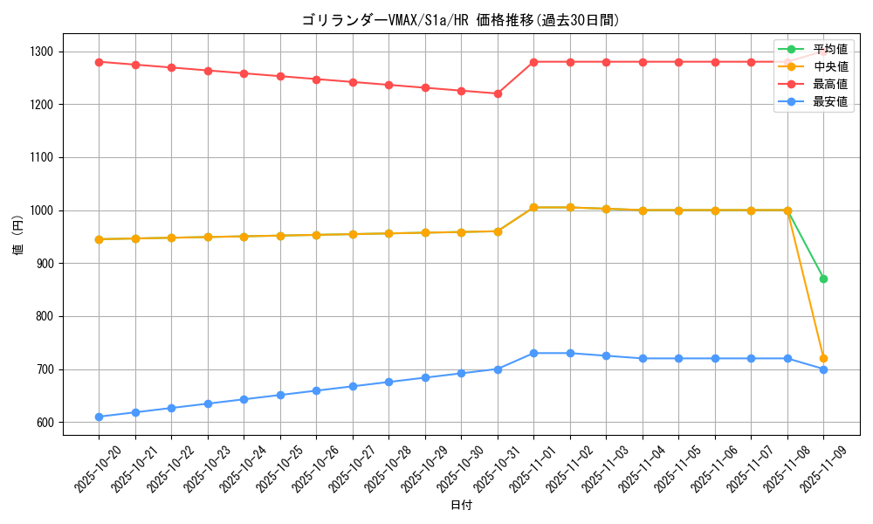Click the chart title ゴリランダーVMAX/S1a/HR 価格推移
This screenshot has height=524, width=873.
click(461, 20)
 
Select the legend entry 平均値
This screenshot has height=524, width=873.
click(829, 49)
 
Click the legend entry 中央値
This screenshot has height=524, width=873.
click(829, 66)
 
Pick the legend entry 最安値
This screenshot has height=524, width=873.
click(829, 101)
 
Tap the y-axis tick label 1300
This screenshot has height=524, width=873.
click(41, 52)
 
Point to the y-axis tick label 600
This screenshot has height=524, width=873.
click(45, 423)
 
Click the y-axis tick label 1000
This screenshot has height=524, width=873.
click(41, 210)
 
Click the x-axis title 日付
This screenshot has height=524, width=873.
click(461, 506)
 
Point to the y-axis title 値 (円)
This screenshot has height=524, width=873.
click(17, 237)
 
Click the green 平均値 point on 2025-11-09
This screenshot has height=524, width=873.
click(823, 279)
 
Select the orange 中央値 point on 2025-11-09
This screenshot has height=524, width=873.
click(823, 359)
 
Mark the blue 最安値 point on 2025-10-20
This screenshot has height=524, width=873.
click(99, 417)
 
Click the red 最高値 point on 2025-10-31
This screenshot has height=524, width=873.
click(498, 93)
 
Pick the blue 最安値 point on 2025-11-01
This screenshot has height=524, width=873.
click(533, 353)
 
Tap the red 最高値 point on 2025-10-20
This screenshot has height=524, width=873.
click(99, 62)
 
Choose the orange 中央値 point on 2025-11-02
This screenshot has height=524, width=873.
click(570, 208)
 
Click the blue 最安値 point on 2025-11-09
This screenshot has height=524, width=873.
click(823, 369)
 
